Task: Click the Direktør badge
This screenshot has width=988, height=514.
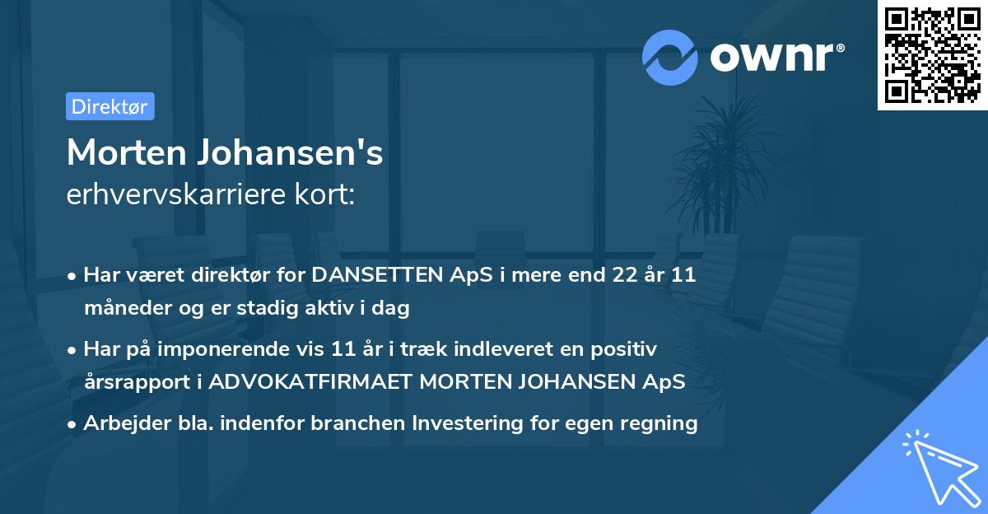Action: click(x=110, y=107)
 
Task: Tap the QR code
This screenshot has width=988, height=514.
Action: click(x=932, y=54)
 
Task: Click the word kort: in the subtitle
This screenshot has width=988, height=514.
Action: click(x=329, y=194)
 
